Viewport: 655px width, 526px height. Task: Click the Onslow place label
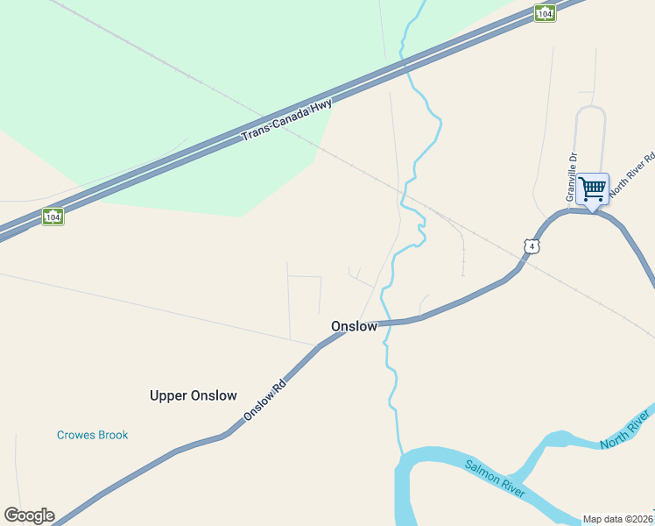(x=354, y=326)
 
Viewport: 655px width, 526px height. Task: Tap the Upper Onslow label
(x=193, y=395)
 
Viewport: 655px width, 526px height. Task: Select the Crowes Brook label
(x=92, y=435)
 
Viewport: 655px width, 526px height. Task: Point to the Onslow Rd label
(x=264, y=399)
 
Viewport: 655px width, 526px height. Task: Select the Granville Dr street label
(x=571, y=174)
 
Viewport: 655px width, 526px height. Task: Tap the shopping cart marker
(x=593, y=188)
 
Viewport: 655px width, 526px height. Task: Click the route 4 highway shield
(x=532, y=247)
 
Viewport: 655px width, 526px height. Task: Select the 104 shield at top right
(x=545, y=12)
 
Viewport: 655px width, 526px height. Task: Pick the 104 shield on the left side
(x=53, y=216)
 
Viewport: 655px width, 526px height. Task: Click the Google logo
(x=29, y=515)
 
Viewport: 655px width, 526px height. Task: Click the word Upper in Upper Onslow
(x=168, y=396)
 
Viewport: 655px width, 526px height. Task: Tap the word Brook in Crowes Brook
(x=112, y=435)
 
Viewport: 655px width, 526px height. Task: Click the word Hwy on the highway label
(x=320, y=104)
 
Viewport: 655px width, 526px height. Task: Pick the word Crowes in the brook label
(x=75, y=435)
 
